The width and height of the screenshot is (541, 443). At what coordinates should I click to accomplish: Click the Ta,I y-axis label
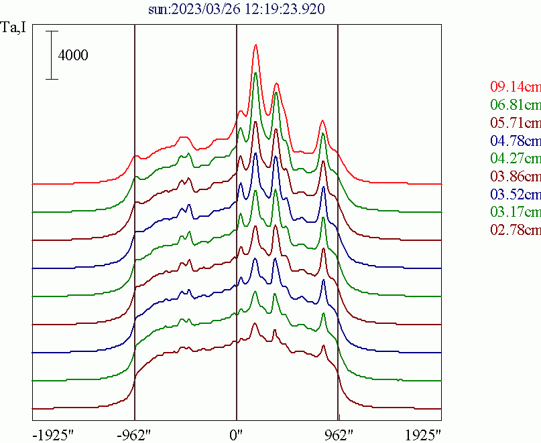click(13, 31)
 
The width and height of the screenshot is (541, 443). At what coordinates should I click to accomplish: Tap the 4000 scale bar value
click(73, 55)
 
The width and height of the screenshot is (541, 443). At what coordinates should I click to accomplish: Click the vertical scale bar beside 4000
click(52, 55)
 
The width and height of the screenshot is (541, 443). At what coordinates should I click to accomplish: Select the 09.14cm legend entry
click(515, 86)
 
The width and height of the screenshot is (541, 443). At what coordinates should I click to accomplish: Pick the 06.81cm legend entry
click(515, 104)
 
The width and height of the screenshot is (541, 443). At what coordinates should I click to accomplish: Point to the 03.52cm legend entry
click(515, 195)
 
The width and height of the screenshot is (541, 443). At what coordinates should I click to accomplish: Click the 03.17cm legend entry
click(515, 213)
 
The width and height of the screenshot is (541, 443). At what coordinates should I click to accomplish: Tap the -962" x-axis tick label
click(135, 434)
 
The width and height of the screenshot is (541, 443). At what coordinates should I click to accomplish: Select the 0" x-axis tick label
click(237, 434)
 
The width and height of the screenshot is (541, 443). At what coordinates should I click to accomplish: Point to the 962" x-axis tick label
click(338, 434)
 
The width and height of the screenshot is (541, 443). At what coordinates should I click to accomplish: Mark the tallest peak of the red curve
click(255, 46)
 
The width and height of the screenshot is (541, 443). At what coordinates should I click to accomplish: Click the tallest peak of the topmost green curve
click(255, 73)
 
